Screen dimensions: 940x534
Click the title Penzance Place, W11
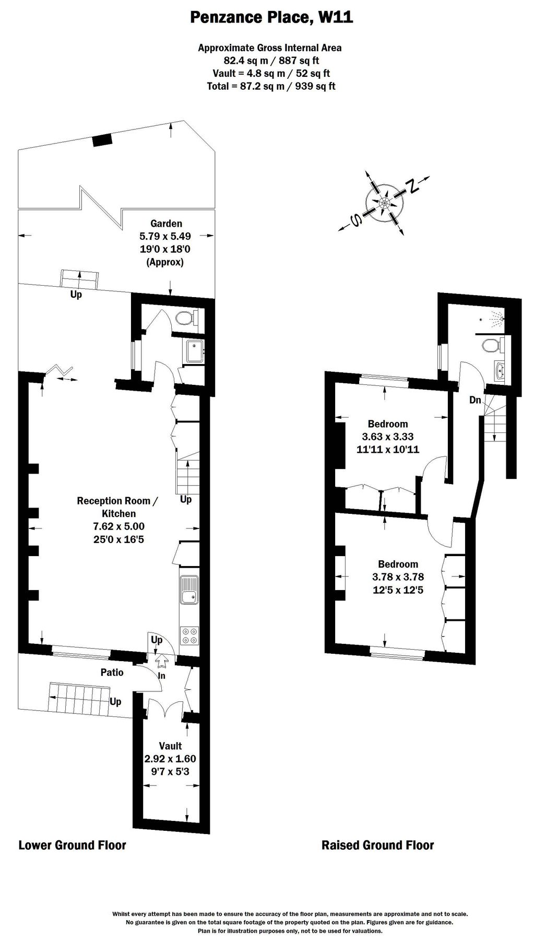click(271, 18)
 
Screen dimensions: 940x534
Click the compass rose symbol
click(385, 203)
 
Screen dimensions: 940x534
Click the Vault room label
click(170, 746)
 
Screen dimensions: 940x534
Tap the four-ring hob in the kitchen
click(189, 636)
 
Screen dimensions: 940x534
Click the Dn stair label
click(475, 401)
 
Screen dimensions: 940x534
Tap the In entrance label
click(162, 676)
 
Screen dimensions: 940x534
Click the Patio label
click(112, 672)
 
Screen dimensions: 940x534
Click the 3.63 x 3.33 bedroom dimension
click(388, 437)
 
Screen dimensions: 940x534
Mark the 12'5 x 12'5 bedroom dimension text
click(398, 591)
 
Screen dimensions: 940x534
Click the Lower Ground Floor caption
click(73, 845)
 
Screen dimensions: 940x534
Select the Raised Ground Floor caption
click(377, 845)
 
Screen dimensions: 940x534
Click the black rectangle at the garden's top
click(102, 139)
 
